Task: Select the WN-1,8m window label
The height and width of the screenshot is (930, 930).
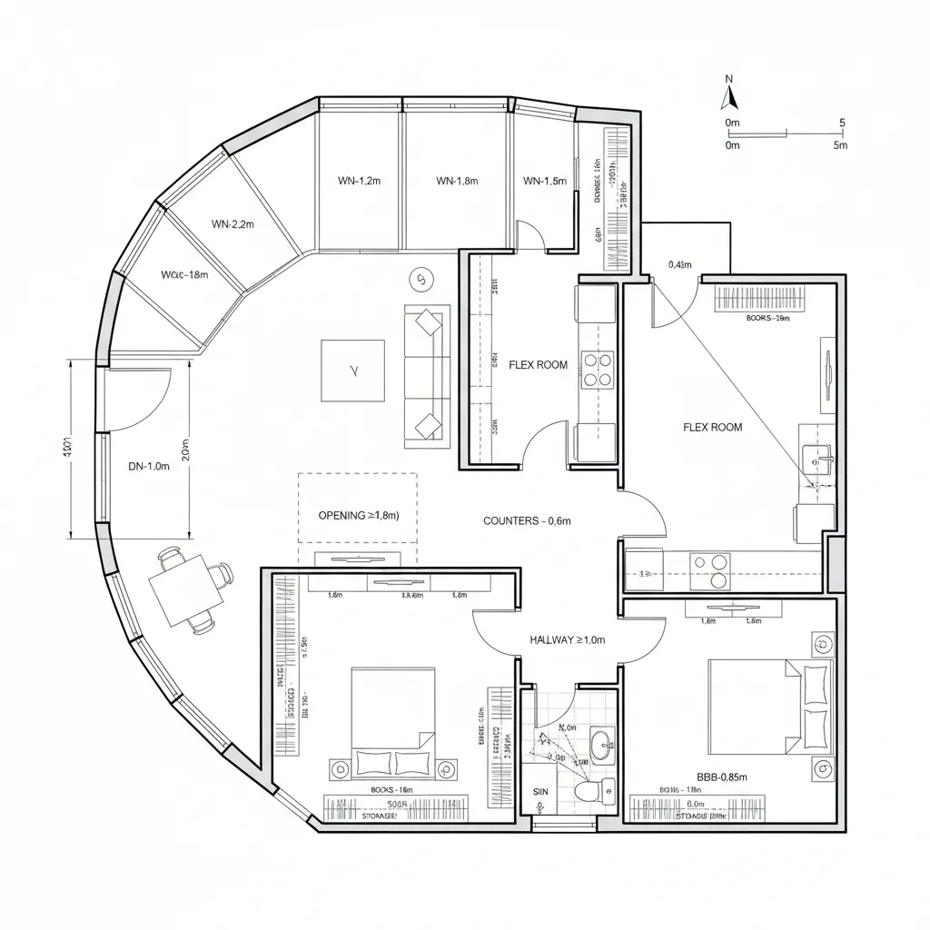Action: pyautogui.click(x=457, y=181)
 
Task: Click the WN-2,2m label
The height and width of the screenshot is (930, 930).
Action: pyautogui.click(x=232, y=223)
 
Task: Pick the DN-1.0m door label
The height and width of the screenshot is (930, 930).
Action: pyautogui.click(x=149, y=467)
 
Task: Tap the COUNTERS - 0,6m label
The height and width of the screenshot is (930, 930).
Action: pyautogui.click(x=527, y=520)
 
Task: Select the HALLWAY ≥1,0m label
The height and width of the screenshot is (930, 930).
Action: pyautogui.click(x=567, y=640)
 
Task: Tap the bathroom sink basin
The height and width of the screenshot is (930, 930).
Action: pyautogui.click(x=601, y=747)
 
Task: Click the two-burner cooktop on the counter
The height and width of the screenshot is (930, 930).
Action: pyautogui.click(x=709, y=571)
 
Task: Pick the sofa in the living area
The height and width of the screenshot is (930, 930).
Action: pyautogui.click(x=427, y=374)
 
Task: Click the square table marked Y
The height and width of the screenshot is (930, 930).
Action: pyautogui.click(x=352, y=371)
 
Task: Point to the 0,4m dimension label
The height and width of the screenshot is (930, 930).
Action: pyautogui.click(x=680, y=265)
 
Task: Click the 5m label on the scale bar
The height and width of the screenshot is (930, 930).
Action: pyautogui.click(x=840, y=144)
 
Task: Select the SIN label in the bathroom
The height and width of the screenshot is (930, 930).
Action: pyautogui.click(x=539, y=792)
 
